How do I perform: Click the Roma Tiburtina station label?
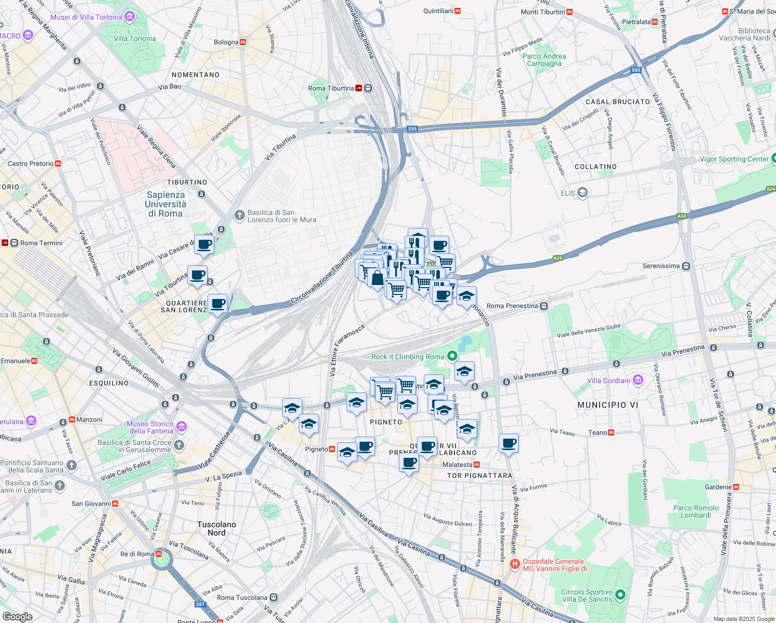(x=331, y=88)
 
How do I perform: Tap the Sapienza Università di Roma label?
(x=165, y=204)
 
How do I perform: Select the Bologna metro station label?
(x=226, y=43)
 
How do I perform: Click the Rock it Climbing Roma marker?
(x=452, y=356)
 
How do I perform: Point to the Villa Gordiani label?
(x=608, y=381)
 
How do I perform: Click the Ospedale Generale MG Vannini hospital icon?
(x=515, y=564)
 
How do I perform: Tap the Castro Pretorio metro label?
(x=31, y=164)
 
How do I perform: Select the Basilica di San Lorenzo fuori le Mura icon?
(x=239, y=215)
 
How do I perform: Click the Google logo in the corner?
(x=17, y=616)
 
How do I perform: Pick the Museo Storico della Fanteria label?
(x=151, y=427)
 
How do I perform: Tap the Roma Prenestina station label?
(x=512, y=306)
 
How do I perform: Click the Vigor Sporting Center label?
(x=734, y=159)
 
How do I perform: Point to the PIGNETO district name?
(x=386, y=422)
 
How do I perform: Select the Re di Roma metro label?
(x=137, y=554)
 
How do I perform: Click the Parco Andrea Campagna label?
(x=544, y=60)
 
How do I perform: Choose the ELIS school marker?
(x=582, y=193)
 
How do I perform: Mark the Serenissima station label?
(x=661, y=266)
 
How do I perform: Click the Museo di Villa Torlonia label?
(x=86, y=17)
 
